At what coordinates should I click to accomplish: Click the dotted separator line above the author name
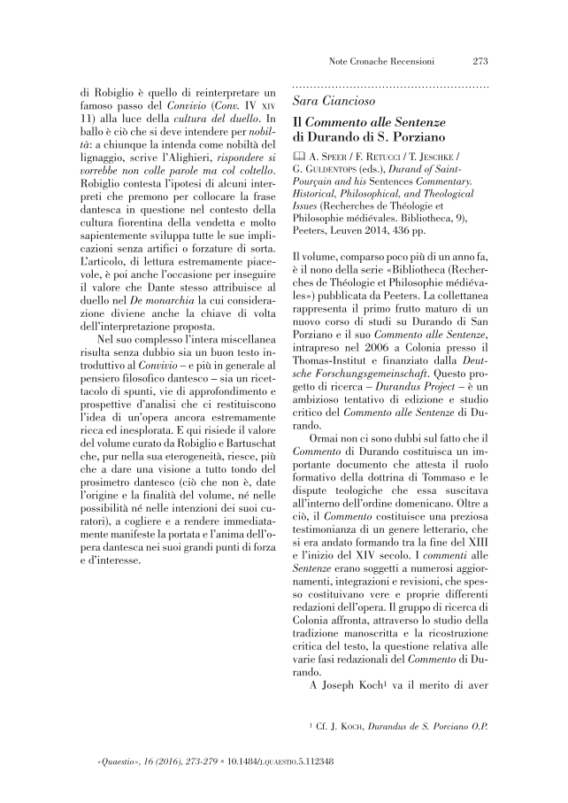tap(391, 88)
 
